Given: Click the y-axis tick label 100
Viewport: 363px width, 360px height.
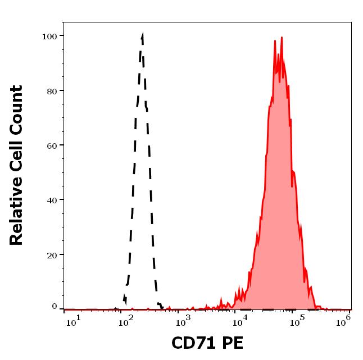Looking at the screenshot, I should (x=49, y=36).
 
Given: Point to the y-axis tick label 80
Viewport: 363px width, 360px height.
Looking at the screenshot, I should (x=52, y=90).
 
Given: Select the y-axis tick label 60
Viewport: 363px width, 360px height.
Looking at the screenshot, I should (x=52, y=145).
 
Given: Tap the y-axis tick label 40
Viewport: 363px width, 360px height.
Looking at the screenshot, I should (x=52, y=199).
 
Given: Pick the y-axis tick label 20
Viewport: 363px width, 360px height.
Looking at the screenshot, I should (x=52, y=254).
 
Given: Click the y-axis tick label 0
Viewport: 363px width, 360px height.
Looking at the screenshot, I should (x=55, y=307).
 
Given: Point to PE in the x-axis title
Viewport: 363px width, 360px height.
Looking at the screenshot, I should (x=232, y=343).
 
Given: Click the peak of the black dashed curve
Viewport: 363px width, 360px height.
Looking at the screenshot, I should (x=142, y=35).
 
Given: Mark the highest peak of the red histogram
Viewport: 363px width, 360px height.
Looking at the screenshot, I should (x=282, y=38).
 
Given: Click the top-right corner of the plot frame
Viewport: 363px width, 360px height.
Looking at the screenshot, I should (x=351, y=22).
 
